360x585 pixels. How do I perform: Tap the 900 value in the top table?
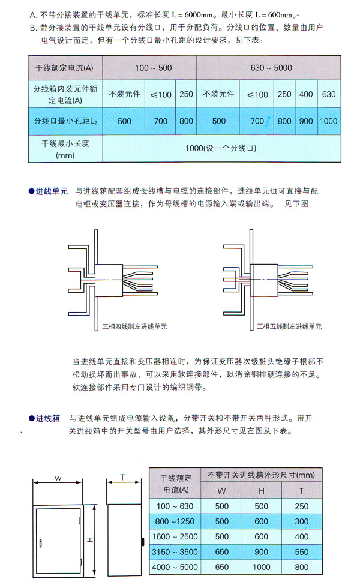pos(306,121)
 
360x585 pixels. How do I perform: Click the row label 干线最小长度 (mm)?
pos(65,149)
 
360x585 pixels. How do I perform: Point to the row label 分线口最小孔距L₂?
pos(65,121)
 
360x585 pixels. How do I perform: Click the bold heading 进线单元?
pos(51,190)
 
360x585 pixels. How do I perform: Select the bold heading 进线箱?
pos(47,418)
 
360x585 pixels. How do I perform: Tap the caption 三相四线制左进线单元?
pos(136,327)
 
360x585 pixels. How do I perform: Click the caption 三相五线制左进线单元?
pos(290,327)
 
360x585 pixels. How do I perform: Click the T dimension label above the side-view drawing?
pos(122,477)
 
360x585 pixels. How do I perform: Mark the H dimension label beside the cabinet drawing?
pos(89,539)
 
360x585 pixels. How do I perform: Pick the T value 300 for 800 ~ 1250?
pos(302,521)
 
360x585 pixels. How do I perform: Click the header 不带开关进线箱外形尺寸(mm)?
pos(261,475)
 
